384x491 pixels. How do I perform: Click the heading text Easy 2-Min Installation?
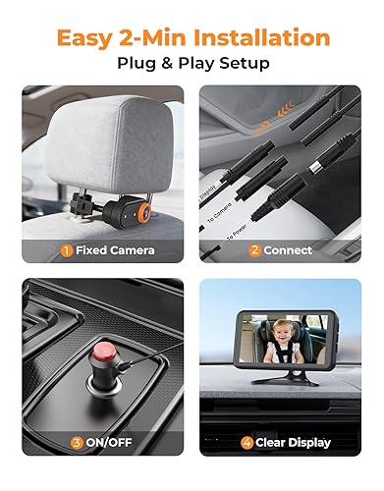192,38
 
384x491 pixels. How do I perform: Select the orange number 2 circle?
254,249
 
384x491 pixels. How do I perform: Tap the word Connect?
294,249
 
